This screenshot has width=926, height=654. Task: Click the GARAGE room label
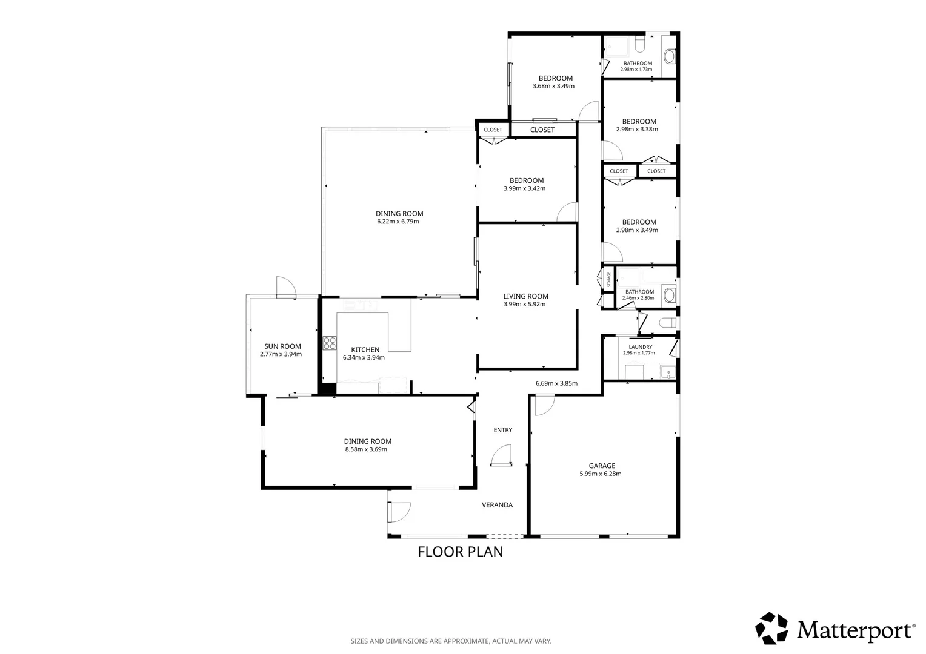tap(602, 466)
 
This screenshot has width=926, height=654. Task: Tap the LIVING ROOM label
tap(526, 296)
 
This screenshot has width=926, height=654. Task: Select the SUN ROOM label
tap(283, 346)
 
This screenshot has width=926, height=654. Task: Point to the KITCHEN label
tap(365, 349)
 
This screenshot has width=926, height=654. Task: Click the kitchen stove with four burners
tap(330, 343)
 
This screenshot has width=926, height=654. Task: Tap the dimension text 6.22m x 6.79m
tap(398, 222)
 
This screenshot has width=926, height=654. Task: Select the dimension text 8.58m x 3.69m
tap(366, 449)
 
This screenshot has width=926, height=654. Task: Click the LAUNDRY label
tap(641, 347)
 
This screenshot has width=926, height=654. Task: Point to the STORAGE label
tap(608, 280)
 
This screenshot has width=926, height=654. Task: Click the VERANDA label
tap(498, 505)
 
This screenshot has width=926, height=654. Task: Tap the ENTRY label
tap(502, 430)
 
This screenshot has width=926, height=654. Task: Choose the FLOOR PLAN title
tap(460, 552)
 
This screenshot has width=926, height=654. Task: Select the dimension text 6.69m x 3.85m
tap(556, 383)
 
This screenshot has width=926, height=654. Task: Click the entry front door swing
tap(501, 455)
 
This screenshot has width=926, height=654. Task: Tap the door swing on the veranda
tap(399, 512)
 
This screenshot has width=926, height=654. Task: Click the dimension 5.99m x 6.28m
tap(600, 474)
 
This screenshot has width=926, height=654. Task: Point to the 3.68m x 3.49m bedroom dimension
tap(553, 87)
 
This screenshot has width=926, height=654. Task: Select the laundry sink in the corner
tap(668, 372)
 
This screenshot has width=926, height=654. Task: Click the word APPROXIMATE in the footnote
tap(466, 641)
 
